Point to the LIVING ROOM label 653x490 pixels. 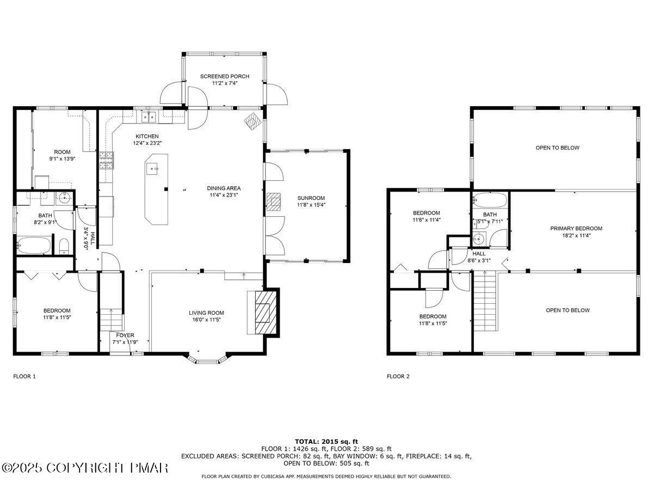tap(206, 313)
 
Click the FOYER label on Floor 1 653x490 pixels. tap(125, 335)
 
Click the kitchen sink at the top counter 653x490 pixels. tap(148, 116)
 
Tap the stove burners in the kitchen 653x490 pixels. tap(106, 159)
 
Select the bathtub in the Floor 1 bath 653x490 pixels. tap(35, 246)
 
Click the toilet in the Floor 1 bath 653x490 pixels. tap(64, 246)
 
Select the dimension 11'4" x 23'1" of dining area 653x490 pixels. tap(224, 195)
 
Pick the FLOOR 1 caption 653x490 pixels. tap(24, 376)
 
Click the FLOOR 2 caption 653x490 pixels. tap(398, 376)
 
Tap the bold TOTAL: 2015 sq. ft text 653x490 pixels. tap(326, 442)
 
